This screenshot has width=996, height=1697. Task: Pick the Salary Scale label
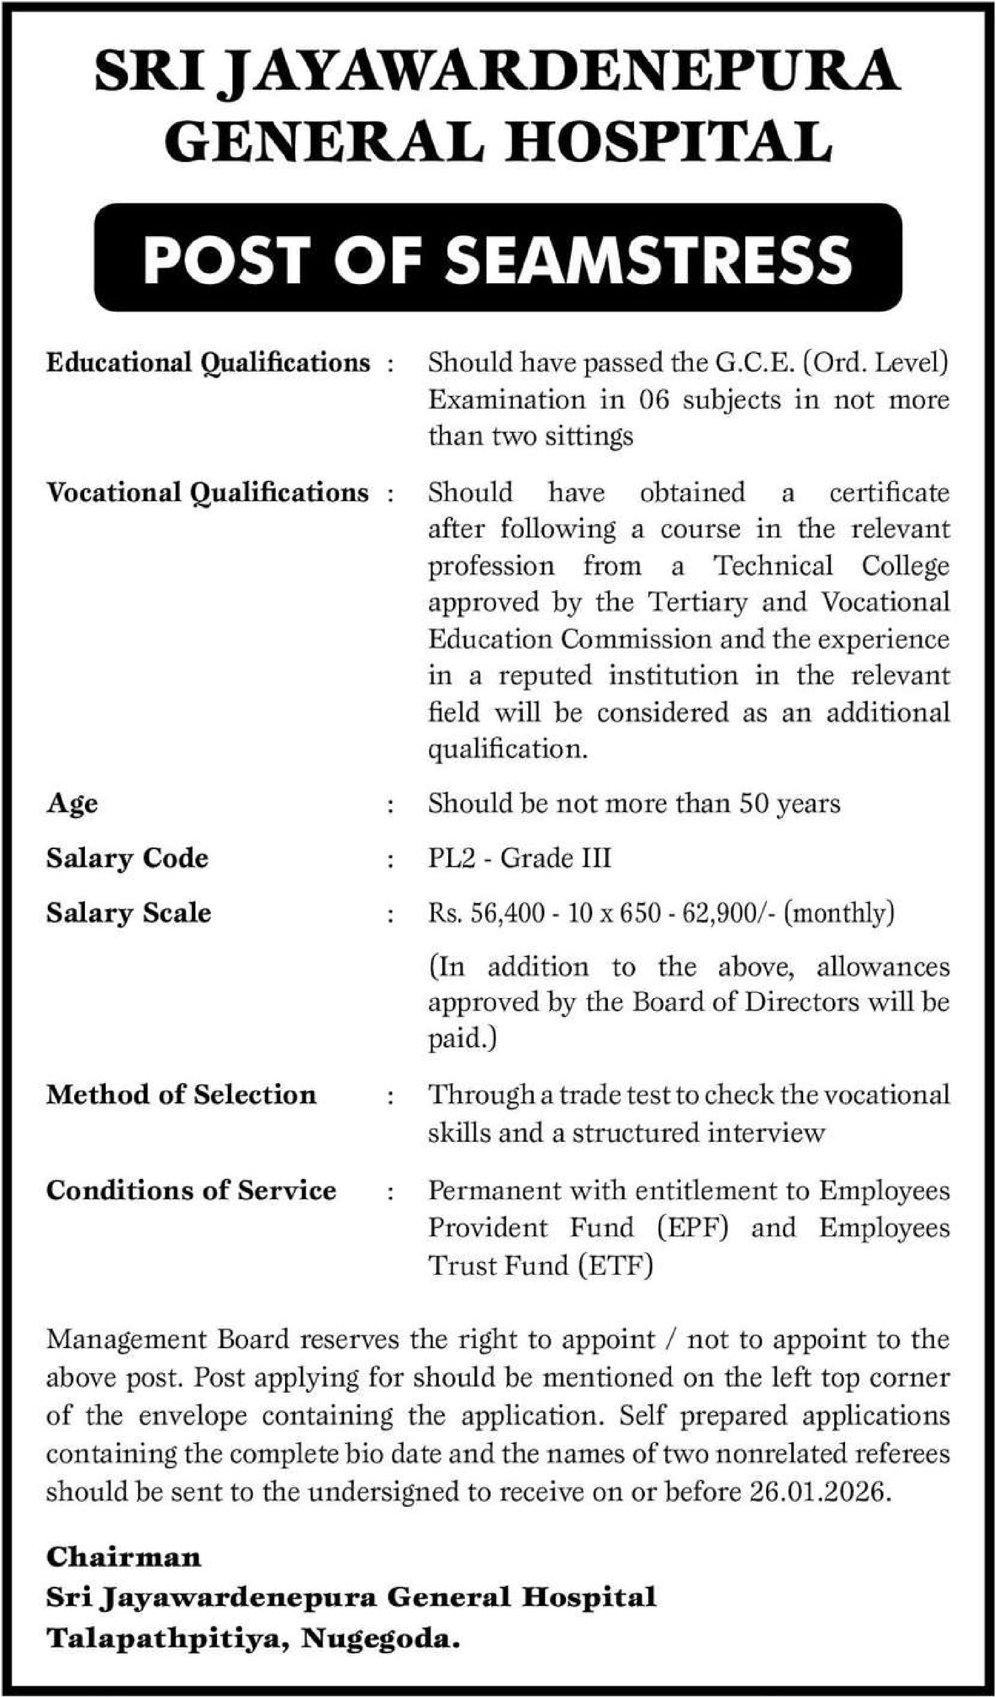129,913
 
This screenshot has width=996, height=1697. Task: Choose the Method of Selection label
181,1095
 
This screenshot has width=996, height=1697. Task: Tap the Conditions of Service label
191,1191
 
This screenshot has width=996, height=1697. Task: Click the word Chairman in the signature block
123,1557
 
